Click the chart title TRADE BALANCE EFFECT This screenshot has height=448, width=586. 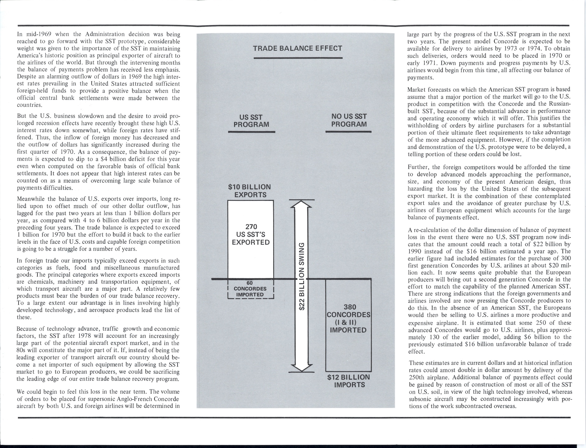297,49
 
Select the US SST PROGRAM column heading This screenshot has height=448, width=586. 251,121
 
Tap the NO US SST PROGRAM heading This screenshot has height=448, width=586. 349,120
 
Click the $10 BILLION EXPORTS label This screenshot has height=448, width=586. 249,191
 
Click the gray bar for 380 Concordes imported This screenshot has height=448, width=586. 348,325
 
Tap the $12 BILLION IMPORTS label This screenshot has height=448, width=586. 348,381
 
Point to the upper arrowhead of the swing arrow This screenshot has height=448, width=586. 301,204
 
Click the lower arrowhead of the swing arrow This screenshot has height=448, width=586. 301,367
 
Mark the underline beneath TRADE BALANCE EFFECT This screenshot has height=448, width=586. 298,58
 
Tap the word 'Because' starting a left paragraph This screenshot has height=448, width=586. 26,329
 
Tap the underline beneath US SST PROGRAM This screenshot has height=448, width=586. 251,132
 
